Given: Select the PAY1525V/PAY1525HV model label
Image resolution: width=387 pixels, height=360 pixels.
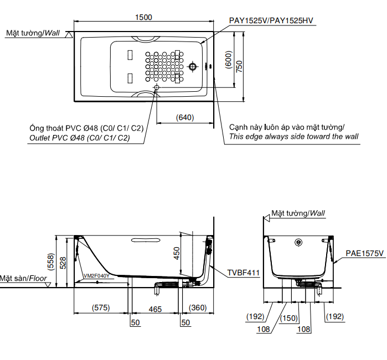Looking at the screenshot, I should [x=271, y=21].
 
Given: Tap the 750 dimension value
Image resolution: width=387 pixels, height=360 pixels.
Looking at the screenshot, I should [x=239, y=66].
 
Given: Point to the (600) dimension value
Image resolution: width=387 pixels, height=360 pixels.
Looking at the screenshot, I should [x=228, y=60].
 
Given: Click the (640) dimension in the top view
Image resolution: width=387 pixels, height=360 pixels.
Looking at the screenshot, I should [x=185, y=117].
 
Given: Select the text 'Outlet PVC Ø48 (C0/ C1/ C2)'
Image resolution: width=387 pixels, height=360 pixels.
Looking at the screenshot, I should [x=79, y=138].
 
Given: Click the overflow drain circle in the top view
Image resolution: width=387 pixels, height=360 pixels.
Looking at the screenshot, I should [x=193, y=67].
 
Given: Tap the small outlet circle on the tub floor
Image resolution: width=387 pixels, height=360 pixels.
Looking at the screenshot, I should [x=157, y=88].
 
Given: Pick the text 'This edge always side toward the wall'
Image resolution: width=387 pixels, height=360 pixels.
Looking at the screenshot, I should [x=293, y=137].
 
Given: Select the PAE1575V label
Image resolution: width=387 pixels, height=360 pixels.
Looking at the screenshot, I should [x=365, y=253].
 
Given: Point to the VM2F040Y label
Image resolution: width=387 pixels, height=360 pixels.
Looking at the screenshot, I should [x=96, y=275].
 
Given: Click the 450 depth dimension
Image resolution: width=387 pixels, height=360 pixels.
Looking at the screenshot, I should [x=177, y=252].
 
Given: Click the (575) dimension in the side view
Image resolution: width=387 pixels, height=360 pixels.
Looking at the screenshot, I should [x=101, y=308].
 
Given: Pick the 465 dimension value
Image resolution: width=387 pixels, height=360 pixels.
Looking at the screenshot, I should [x=155, y=309].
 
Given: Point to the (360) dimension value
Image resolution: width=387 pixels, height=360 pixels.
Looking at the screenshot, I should [x=198, y=308].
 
